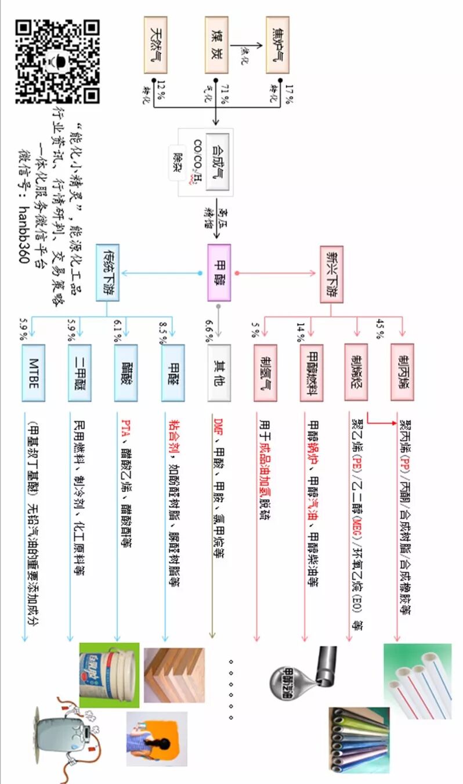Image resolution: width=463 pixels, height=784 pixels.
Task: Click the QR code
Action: pos(57,60)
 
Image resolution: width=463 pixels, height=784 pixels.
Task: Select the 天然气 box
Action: pos(155,45)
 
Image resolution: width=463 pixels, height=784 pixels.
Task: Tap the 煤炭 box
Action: pos(216,45)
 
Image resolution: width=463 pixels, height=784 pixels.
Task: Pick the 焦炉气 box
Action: pos(277,45)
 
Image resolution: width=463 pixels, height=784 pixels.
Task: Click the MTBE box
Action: pos(33,373)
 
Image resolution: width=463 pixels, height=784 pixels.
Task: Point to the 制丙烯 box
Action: pos(402,372)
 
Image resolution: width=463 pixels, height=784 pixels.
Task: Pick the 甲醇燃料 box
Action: pos(312,372)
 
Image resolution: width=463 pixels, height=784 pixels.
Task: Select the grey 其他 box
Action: pos(219,373)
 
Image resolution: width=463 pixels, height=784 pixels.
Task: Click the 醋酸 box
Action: pos(126,373)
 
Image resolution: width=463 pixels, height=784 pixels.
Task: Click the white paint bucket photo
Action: pos(109,674)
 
